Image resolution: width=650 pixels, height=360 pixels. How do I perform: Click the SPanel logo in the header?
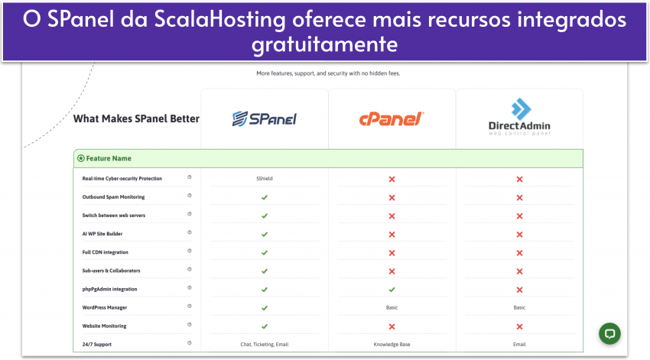tap(264, 118)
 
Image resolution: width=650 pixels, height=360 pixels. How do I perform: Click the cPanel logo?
tap(392, 118)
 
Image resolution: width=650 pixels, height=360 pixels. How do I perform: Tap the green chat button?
tap(609, 333)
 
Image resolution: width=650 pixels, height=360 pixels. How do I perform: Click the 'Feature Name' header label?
tap(109, 158)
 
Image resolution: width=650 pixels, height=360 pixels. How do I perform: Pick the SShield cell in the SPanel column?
tap(265, 179)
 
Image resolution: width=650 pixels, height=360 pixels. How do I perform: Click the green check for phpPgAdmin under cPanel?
tap(392, 290)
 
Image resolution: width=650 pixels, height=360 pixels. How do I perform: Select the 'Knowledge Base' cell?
tap(392, 345)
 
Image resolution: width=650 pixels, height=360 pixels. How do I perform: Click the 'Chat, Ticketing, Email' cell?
tap(265, 345)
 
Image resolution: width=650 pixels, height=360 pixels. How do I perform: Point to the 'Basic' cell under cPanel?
tap(392, 308)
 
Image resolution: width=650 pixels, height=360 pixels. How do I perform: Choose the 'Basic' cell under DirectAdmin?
tap(519, 308)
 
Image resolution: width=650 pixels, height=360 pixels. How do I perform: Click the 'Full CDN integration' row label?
tap(106, 252)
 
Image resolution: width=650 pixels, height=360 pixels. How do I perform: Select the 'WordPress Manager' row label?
tap(105, 308)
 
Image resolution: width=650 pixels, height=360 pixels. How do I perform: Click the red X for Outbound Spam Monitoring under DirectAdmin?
tap(519, 197)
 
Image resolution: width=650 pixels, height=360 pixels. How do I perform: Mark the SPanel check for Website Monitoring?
tap(265, 326)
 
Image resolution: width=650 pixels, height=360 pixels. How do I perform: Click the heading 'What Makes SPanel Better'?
tap(136, 118)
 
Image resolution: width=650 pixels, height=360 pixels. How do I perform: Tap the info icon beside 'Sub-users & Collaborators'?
tap(190, 271)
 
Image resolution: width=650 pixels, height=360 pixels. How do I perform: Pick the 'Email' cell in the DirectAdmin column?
tap(519, 345)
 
